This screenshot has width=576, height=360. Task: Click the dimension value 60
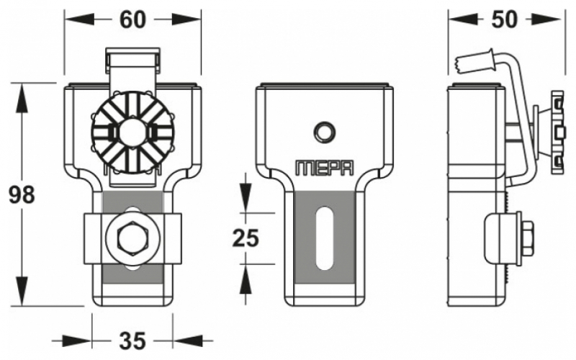click(x=132, y=20)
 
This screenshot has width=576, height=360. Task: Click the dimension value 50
click(x=504, y=19)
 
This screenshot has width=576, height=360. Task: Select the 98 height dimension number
click(x=22, y=194)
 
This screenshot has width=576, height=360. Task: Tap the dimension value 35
click(x=132, y=341)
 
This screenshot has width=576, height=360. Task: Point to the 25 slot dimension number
click(x=246, y=238)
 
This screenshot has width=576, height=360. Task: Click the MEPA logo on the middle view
click(x=325, y=168)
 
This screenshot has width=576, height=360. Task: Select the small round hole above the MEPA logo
click(x=324, y=132)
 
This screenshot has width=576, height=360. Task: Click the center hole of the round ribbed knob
click(x=132, y=131)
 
